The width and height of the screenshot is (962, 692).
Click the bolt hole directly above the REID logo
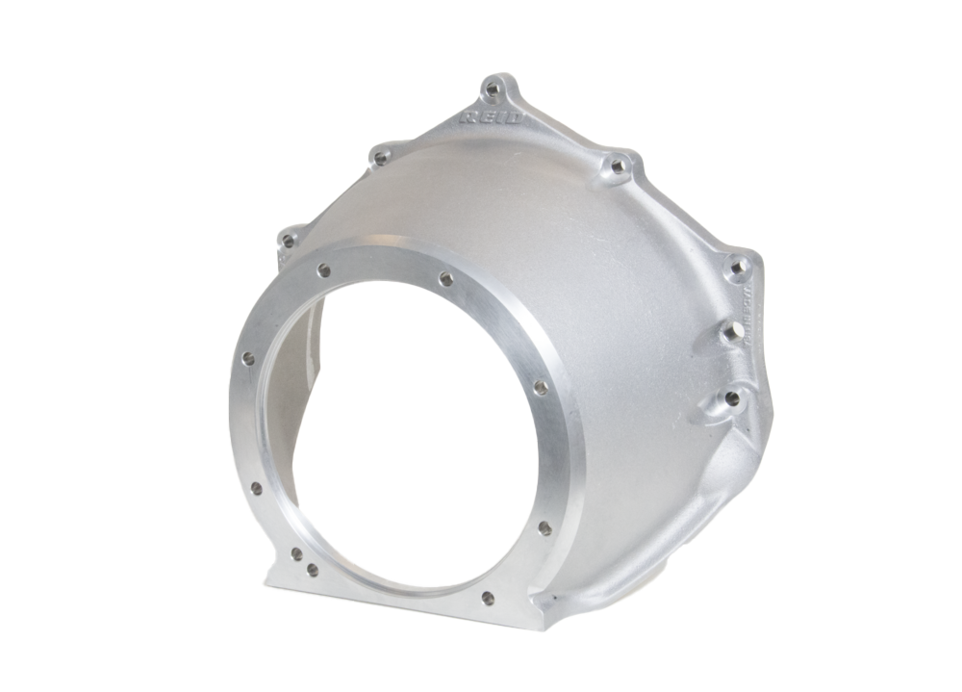point(494,90)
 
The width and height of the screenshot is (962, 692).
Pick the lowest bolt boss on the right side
point(733,397)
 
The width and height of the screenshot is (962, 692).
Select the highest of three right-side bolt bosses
point(738,266)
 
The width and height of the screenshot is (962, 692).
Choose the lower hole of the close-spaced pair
point(312,570)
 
